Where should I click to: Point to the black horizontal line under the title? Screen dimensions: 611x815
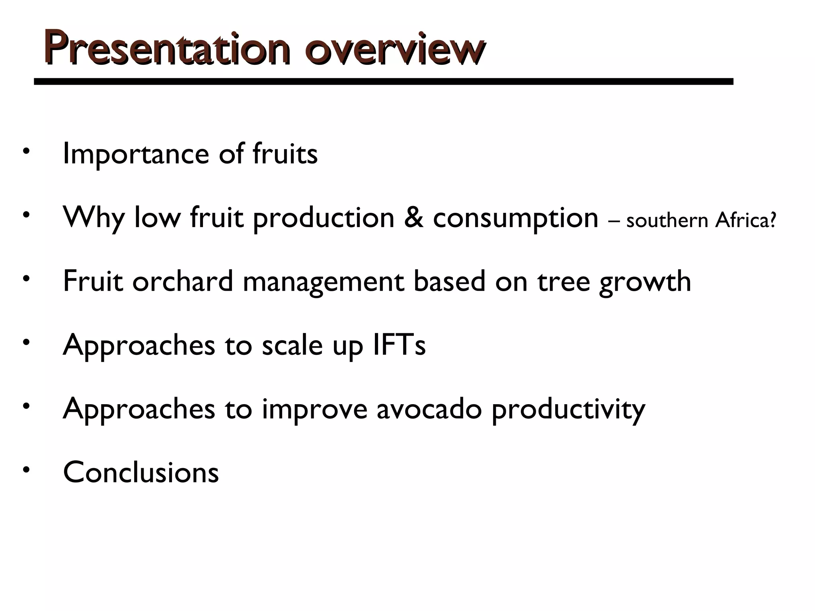pos(383,82)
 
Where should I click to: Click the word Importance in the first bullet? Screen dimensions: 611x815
pos(136,154)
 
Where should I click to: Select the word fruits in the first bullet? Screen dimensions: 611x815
pos(285,154)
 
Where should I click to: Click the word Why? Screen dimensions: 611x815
pos(93,218)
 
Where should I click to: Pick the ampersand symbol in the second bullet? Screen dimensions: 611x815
pos(413,217)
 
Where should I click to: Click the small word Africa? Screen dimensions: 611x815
pos(745,220)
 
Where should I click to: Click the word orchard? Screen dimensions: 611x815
pos(183,281)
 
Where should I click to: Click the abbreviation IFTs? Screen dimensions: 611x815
pos(399,345)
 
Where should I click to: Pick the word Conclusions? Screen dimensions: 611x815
pos(141,473)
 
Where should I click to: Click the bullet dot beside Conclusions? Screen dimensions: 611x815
pos(27,470)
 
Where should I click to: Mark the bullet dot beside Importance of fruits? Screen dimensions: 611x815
pos(27,152)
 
